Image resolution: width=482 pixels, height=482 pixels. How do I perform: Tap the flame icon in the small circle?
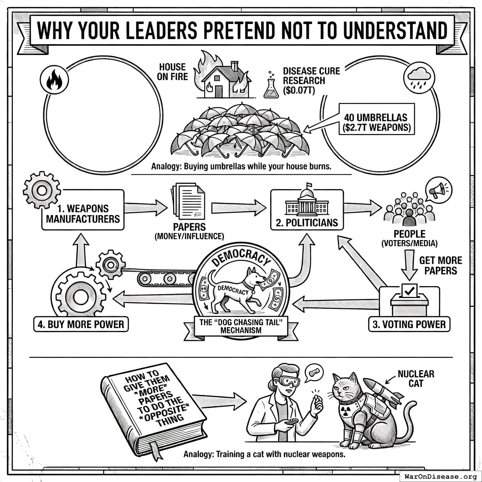[55, 80]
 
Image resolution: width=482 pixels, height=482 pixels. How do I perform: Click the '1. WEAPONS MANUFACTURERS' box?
[83, 210]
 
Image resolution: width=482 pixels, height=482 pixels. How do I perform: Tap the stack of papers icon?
[188, 201]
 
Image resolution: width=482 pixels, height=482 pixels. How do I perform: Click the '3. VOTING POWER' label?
[409, 325]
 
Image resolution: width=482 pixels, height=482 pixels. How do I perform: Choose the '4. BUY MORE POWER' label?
[81, 325]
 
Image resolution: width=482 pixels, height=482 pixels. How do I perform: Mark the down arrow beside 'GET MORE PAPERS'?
[409, 265]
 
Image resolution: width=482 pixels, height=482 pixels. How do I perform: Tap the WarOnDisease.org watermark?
[441, 476]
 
